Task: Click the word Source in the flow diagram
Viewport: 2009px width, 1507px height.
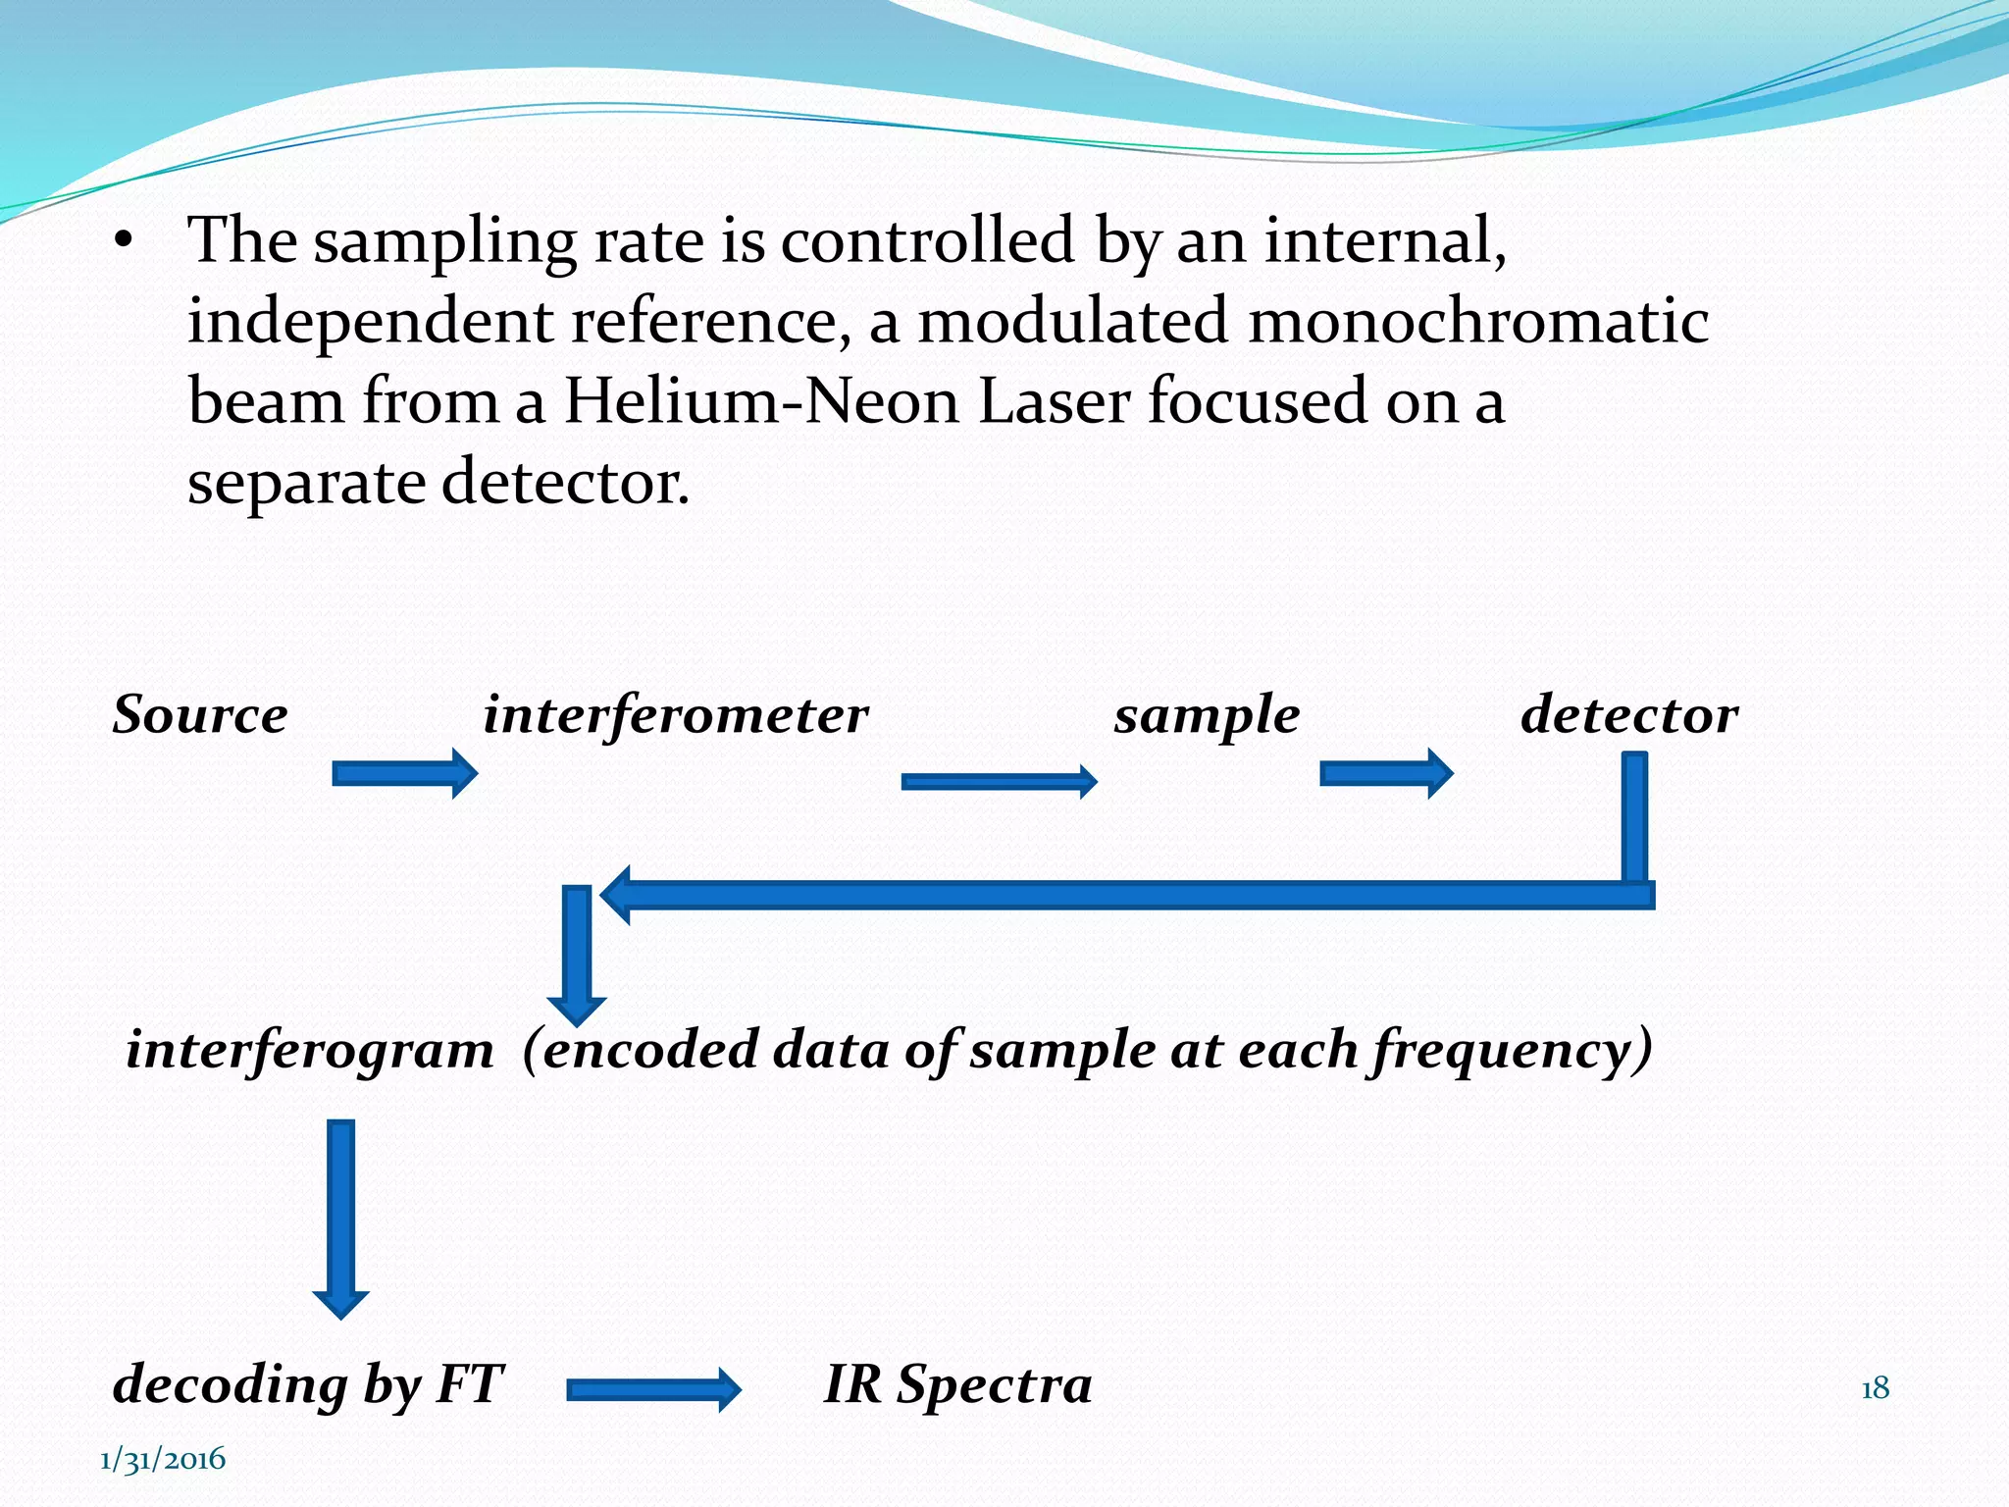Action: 200,714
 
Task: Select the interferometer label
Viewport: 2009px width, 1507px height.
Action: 675,714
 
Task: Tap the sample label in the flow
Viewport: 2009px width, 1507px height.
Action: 1207,714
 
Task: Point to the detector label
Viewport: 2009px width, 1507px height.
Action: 1628,714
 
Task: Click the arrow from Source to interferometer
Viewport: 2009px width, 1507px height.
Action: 404,773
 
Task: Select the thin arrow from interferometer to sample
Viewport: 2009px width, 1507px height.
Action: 999,781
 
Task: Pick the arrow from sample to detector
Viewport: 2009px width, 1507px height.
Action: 1385,773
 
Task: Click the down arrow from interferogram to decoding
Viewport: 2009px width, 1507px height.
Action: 340,1217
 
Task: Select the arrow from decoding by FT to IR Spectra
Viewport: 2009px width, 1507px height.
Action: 653,1389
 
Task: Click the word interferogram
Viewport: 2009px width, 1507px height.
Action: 310,1050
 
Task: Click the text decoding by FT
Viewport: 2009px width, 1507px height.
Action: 308,1385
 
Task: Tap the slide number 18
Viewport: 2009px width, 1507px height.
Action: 1875,1388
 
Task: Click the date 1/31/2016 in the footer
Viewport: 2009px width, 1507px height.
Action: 163,1459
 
